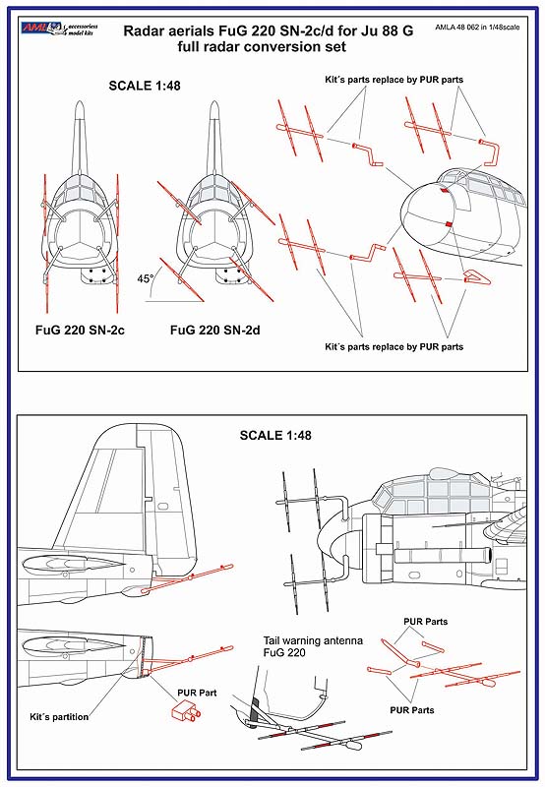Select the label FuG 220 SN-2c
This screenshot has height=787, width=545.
[80, 330]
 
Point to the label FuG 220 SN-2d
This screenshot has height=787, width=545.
[214, 330]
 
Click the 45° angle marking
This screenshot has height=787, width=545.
[146, 279]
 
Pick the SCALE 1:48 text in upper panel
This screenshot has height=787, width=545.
[145, 86]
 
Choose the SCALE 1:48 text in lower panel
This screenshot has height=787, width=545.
[275, 435]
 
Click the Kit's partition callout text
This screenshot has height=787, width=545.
[59, 717]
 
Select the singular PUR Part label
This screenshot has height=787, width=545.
[197, 693]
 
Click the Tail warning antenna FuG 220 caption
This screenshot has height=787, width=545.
[313, 646]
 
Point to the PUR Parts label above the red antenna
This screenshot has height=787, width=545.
[426, 622]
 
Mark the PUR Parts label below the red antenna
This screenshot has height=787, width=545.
[412, 709]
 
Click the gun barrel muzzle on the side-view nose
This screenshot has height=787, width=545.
[487, 555]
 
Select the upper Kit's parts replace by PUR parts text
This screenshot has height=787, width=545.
[394, 80]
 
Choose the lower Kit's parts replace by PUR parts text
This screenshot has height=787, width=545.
[394, 347]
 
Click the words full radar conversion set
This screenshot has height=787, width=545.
[262, 47]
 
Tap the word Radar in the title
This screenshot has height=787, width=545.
[142, 31]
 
